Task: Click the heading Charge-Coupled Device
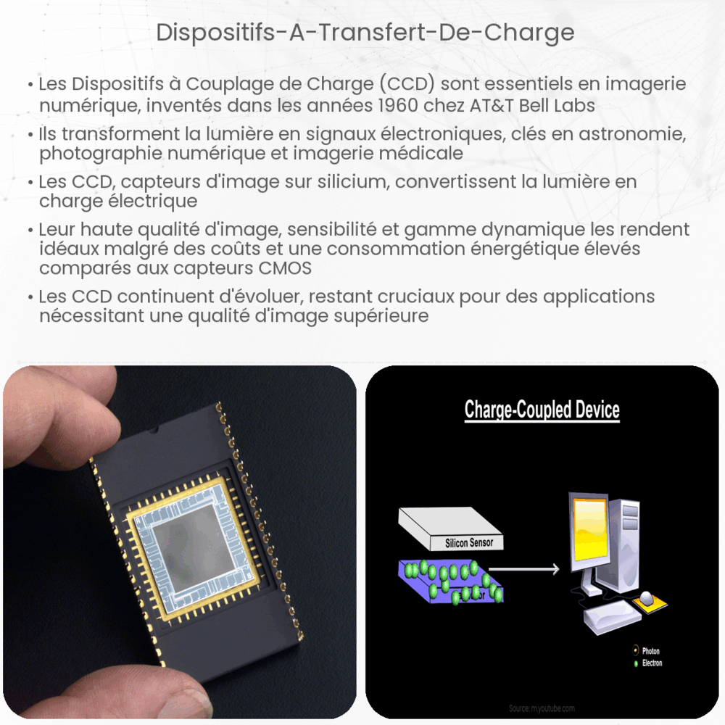pos(542,410)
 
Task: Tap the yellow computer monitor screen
pos(588,534)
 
